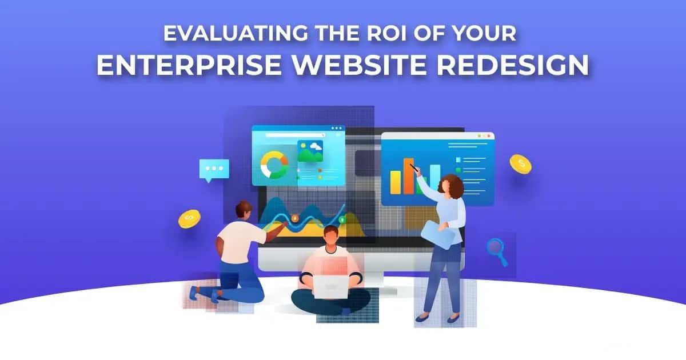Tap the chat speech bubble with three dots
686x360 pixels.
click(x=214, y=169)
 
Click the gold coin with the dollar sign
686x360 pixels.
click(x=520, y=165)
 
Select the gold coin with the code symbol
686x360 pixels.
click(x=189, y=218)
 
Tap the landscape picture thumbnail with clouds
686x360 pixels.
click(x=310, y=151)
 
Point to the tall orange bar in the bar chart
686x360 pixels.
click(x=408, y=177)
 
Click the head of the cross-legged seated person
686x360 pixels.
click(x=330, y=236)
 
